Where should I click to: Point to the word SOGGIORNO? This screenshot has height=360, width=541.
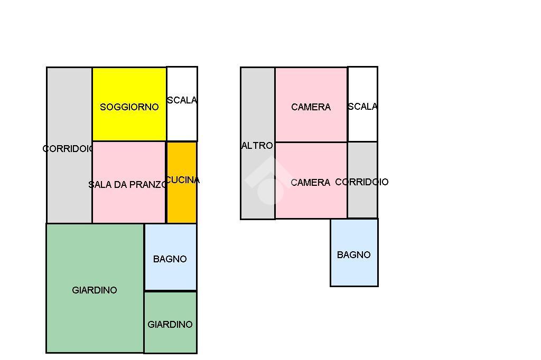(x=129, y=107)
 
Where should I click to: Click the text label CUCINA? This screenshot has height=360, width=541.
(x=183, y=180)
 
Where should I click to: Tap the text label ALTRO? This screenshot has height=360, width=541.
(x=257, y=146)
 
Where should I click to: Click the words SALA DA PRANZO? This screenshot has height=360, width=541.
(x=127, y=185)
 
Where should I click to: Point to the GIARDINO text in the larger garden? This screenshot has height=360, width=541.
(x=95, y=290)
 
